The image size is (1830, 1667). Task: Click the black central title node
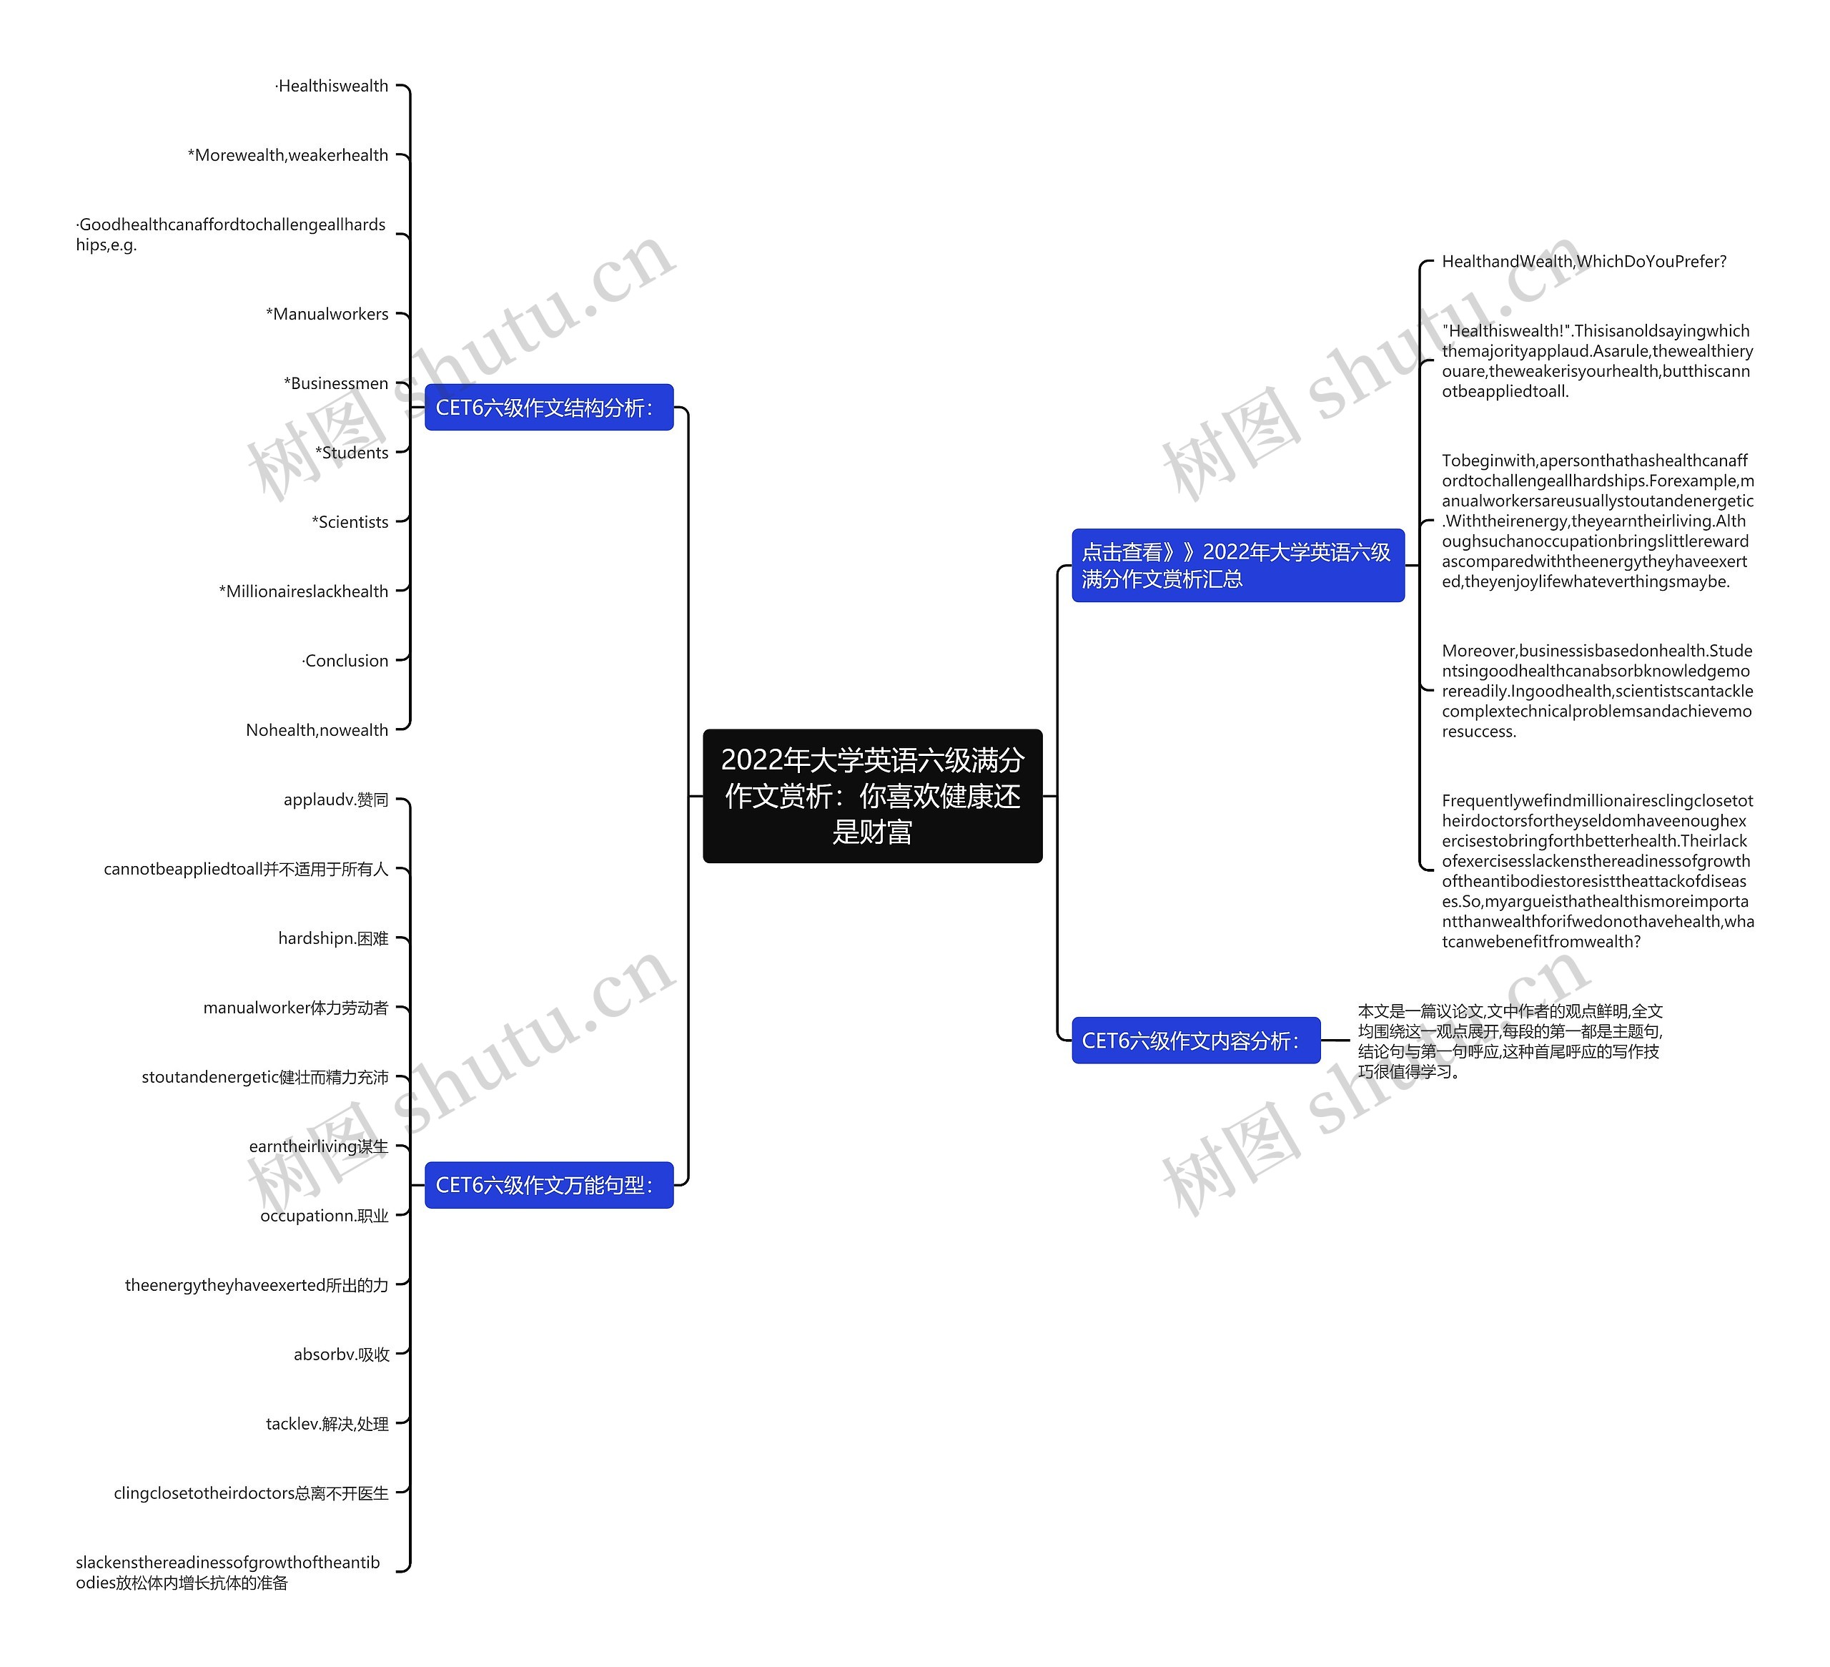871,795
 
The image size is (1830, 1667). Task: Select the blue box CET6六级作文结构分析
548,408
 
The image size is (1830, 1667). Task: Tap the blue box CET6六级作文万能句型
548,1185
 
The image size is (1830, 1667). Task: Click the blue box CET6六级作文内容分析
1195,1041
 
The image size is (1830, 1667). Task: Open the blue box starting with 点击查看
1237,565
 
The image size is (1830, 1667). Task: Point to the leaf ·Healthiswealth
332,87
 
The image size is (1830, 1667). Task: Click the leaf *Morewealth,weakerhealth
288,155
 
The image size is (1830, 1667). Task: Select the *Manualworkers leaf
327,314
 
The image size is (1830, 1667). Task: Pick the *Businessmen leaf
336,383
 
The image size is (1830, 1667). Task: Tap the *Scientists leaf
350,522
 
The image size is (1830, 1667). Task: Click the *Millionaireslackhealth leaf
303,591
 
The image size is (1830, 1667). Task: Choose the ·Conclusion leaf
345,661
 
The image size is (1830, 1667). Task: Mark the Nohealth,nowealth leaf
317,730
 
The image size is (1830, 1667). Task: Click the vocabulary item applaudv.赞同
336,800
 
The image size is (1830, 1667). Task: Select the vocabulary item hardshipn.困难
333,938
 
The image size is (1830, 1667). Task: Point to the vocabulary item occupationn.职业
324,1216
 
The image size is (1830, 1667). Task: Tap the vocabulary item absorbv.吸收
341,1354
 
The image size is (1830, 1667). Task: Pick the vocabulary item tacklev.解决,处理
327,1424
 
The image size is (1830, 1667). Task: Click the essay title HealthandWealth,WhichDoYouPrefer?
1583,262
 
